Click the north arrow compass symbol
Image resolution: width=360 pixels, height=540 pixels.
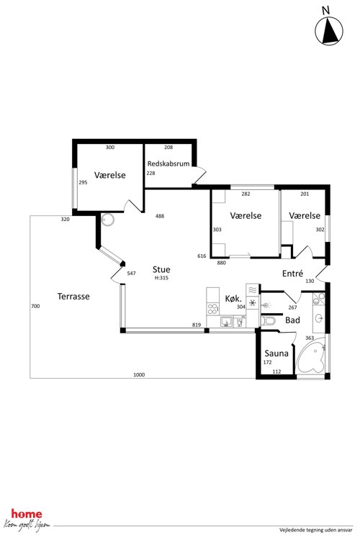point(328,30)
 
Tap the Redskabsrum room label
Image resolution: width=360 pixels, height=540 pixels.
point(168,163)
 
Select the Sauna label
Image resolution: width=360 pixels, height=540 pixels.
point(276,354)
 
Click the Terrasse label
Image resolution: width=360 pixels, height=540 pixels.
point(73,296)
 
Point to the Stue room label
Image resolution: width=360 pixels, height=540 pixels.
point(161,269)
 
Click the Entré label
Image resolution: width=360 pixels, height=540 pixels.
point(292,274)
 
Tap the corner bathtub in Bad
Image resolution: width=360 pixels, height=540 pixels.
point(311,356)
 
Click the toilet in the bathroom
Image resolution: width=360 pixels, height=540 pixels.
point(268,321)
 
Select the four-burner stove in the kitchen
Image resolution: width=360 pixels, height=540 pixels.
point(213,309)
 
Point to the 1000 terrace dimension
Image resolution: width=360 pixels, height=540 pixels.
point(139,374)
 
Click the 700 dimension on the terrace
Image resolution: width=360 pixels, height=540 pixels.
point(35,306)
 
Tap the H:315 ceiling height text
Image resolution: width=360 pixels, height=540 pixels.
point(161,278)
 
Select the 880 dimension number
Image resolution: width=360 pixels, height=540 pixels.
point(221,263)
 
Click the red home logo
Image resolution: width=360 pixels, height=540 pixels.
point(27,514)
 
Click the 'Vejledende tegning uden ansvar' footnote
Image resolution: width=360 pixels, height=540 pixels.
point(316,531)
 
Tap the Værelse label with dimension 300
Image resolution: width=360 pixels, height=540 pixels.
point(110,175)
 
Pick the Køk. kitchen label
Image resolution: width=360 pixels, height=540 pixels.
point(233,298)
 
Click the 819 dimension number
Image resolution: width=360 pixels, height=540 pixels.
point(197,325)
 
